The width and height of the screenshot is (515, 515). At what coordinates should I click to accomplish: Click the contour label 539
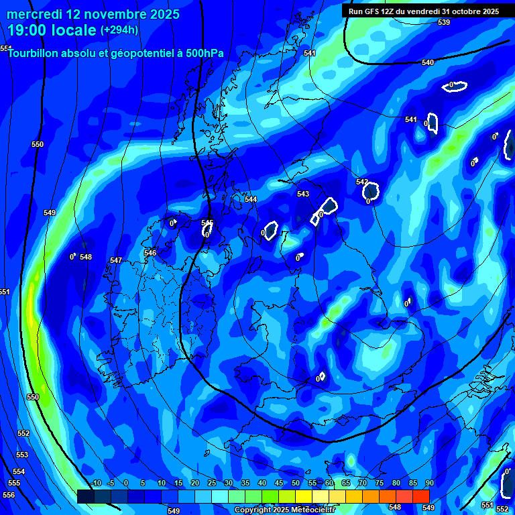(444, 23)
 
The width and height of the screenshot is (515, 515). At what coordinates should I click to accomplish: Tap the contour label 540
(428, 62)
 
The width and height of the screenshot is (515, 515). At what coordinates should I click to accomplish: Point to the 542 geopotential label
(362, 182)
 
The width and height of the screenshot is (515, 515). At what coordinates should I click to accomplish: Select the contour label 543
(303, 194)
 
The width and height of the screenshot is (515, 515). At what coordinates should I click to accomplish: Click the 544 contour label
(251, 199)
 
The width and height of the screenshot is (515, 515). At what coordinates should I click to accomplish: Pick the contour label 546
(150, 253)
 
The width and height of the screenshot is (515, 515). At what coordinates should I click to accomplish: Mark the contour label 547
(116, 260)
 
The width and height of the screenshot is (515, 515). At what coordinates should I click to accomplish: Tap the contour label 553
(21, 455)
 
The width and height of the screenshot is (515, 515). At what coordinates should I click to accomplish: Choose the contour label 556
(9, 495)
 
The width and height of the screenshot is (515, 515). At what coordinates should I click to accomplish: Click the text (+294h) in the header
(119, 30)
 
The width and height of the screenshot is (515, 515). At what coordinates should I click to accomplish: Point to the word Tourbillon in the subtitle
(36, 53)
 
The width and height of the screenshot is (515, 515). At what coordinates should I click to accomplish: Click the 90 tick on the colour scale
(429, 483)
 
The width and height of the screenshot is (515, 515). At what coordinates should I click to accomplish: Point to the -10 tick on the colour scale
(96, 483)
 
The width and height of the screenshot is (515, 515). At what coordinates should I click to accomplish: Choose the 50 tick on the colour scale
(296, 483)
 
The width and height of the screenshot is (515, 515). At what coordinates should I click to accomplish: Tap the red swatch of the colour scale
(420, 496)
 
